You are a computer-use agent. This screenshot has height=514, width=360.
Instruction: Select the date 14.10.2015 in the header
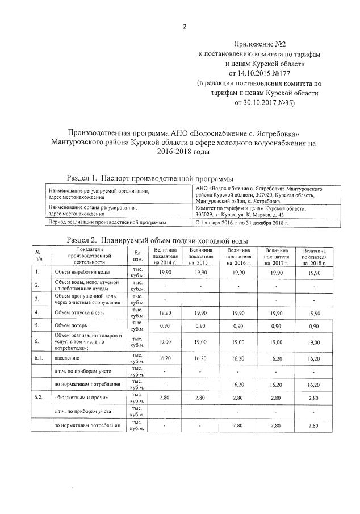[x=246, y=73]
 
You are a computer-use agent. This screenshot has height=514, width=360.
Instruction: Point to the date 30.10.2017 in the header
[x=252, y=103]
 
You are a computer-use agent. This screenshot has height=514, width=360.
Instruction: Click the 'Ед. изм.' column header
[x=137, y=256]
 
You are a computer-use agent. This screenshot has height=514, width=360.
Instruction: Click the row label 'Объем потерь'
[x=70, y=326]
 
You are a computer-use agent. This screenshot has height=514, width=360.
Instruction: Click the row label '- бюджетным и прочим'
[x=81, y=398]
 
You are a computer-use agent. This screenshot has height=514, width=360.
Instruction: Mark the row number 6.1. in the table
[x=38, y=359]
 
